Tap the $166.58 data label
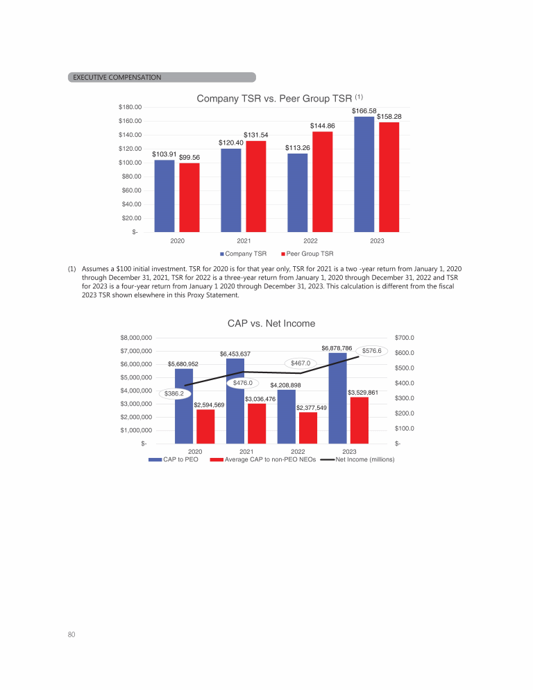364,111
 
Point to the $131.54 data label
255,135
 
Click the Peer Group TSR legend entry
307,253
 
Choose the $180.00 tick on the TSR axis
129,107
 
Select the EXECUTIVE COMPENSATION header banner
162,77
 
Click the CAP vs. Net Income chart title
271,323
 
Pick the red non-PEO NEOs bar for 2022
308,427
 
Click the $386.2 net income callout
174,393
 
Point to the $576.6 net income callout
372,352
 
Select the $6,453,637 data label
235,354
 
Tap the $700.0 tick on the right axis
404,338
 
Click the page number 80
72,634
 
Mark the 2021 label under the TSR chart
244,240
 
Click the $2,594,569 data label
209,404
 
